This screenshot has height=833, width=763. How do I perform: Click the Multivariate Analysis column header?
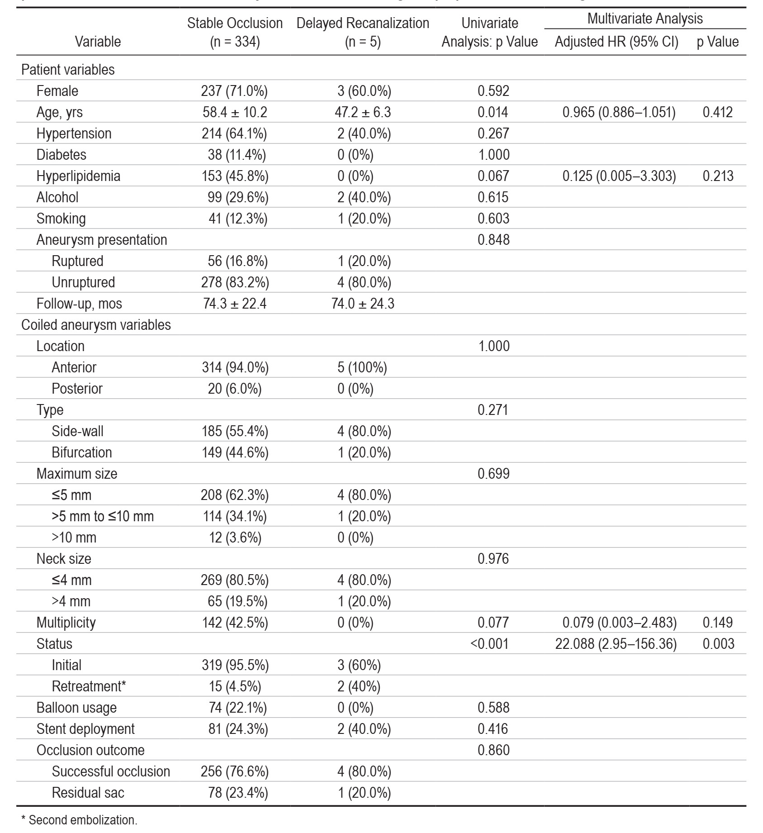point(645,19)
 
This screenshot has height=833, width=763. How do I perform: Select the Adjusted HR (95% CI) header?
point(616,42)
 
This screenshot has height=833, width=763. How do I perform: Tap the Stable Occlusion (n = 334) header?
point(235,32)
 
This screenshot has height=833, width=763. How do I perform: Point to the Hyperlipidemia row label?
point(78,176)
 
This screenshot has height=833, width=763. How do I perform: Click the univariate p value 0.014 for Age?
point(493,112)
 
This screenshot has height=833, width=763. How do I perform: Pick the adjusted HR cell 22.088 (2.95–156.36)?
point(616,644)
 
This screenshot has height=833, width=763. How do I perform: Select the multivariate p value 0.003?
point(718,644)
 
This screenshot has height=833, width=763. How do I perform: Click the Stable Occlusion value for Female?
point(234,91)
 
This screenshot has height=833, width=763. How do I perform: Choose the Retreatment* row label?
point(89,686)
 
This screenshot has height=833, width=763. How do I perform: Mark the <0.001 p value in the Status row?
point(490,644)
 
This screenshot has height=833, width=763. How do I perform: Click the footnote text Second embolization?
point(83,820)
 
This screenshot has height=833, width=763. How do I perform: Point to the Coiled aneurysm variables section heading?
point(96,325)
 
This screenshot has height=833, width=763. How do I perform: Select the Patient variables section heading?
point(68,70)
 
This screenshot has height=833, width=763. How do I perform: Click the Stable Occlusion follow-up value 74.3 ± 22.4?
point(235,304)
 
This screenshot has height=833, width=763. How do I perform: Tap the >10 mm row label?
point(74,538)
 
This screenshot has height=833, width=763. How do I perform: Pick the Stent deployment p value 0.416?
point(493,729)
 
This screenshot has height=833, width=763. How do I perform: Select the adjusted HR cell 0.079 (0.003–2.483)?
point(620,623)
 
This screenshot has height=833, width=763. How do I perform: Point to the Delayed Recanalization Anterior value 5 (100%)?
point(362,367)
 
